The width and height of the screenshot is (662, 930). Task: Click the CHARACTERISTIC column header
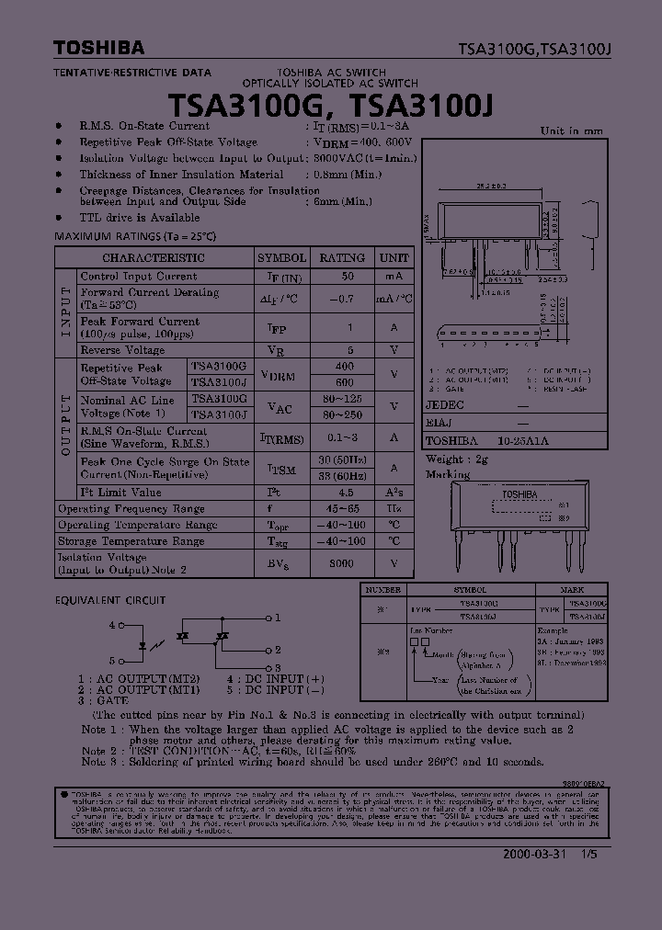(x=153, y=258)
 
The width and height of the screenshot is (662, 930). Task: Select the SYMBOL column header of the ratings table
(x=281, y=258)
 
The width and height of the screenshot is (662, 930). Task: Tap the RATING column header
(x=342, y=258)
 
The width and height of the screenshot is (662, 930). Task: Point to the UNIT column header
(x=394, y=258)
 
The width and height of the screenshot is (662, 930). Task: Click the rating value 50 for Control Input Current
(x=348, y=277)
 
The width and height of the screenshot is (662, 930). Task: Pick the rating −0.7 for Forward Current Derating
(x=342, y=299)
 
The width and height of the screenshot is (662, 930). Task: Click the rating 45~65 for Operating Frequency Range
(x=342, y=509)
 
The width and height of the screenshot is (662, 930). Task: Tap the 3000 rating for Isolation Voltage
(x=342, y=564)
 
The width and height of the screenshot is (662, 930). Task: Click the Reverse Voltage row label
(x=122, y=350)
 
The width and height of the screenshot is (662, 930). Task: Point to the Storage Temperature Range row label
(x=137, y=542)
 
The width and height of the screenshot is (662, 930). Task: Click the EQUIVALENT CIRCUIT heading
(x=110, y=600)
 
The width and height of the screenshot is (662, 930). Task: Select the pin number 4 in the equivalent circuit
(x=111, y=625)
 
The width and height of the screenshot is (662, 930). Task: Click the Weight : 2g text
(x=457, y=459)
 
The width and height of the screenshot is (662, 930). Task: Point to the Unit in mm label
(x=570, y=130)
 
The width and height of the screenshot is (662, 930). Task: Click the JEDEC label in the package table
(x=445, y=405)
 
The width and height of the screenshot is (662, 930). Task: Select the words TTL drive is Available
(x=139, y=218)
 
